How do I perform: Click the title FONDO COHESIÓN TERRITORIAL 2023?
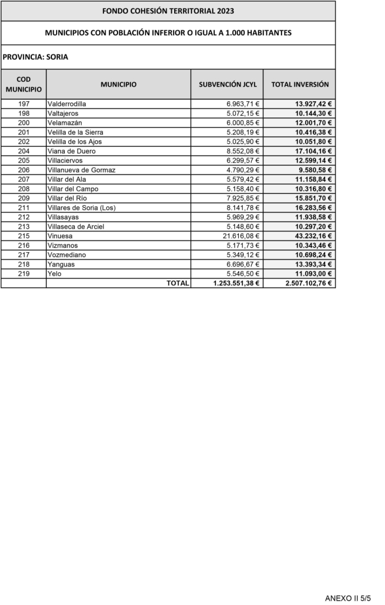(168, 11)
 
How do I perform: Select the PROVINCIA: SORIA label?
(35, 57)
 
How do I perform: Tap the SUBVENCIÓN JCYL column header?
(228, 85)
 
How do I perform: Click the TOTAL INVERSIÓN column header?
(300, 85)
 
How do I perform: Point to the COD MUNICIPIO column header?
(24, 84)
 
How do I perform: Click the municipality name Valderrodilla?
(67, 104)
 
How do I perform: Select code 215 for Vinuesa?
(24, 236)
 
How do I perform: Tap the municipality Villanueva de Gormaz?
(81, 170)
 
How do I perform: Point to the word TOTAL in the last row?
(177, 283)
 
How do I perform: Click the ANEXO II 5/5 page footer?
(348, 598)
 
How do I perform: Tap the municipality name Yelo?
(55, 274)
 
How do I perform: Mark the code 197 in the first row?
(24, 104)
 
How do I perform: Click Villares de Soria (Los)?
(81, 207)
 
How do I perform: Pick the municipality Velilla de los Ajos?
(74, 142)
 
